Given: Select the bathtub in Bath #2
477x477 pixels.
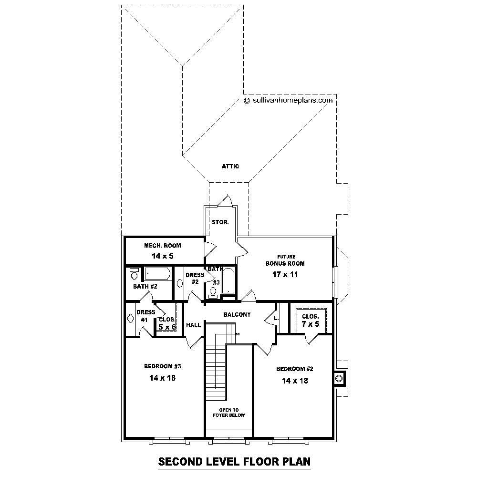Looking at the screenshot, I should [x=156, y=274].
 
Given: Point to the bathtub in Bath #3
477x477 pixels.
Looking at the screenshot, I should [x=228, y=280].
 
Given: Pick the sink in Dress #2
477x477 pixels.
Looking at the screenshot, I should [x=180, y=283].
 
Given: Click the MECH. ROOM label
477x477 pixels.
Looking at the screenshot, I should [x=163, y=246].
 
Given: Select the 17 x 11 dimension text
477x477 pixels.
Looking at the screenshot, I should [x=285, y=275].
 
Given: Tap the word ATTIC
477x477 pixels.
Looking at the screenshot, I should [x=230, y=166].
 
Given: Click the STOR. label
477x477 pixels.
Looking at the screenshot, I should [x=220, y=222].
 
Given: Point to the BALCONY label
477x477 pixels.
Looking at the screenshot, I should [x=237, y=314].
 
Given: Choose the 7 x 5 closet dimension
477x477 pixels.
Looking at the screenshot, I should [x=310, y=324].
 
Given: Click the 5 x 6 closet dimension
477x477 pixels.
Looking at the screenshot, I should [x=167, y=327].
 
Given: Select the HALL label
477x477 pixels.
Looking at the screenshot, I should [x=193, y=325].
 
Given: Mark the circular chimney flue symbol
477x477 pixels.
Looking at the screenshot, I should [x=339, y=378].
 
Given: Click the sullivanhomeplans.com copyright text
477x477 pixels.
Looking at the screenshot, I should [x=288, y=101].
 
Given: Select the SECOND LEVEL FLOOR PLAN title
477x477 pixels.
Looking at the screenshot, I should [x=234, y=461].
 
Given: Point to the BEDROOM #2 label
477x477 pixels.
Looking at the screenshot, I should [x=294, y=369].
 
